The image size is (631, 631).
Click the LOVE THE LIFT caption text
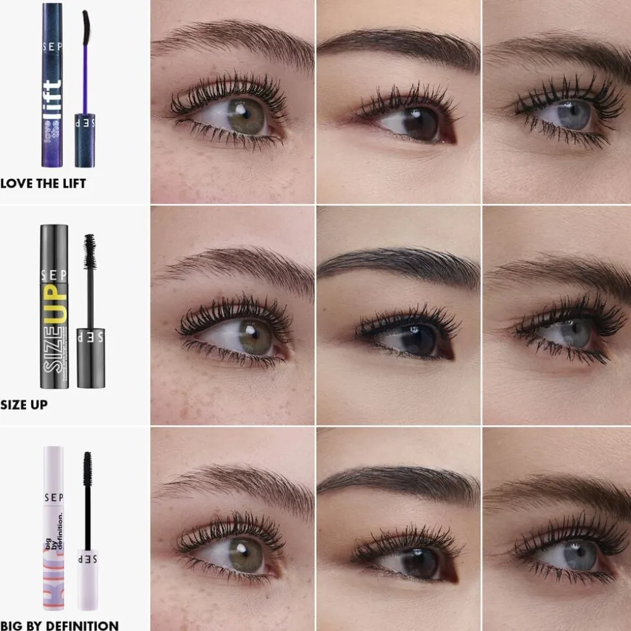[x=43, y=183]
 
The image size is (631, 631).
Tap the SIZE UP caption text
[x=24, y=404]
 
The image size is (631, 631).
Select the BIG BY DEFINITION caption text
[x=59, y=625]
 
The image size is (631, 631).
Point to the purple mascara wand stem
[x=85, y=78]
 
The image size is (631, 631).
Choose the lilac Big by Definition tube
[x=54, y=526]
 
